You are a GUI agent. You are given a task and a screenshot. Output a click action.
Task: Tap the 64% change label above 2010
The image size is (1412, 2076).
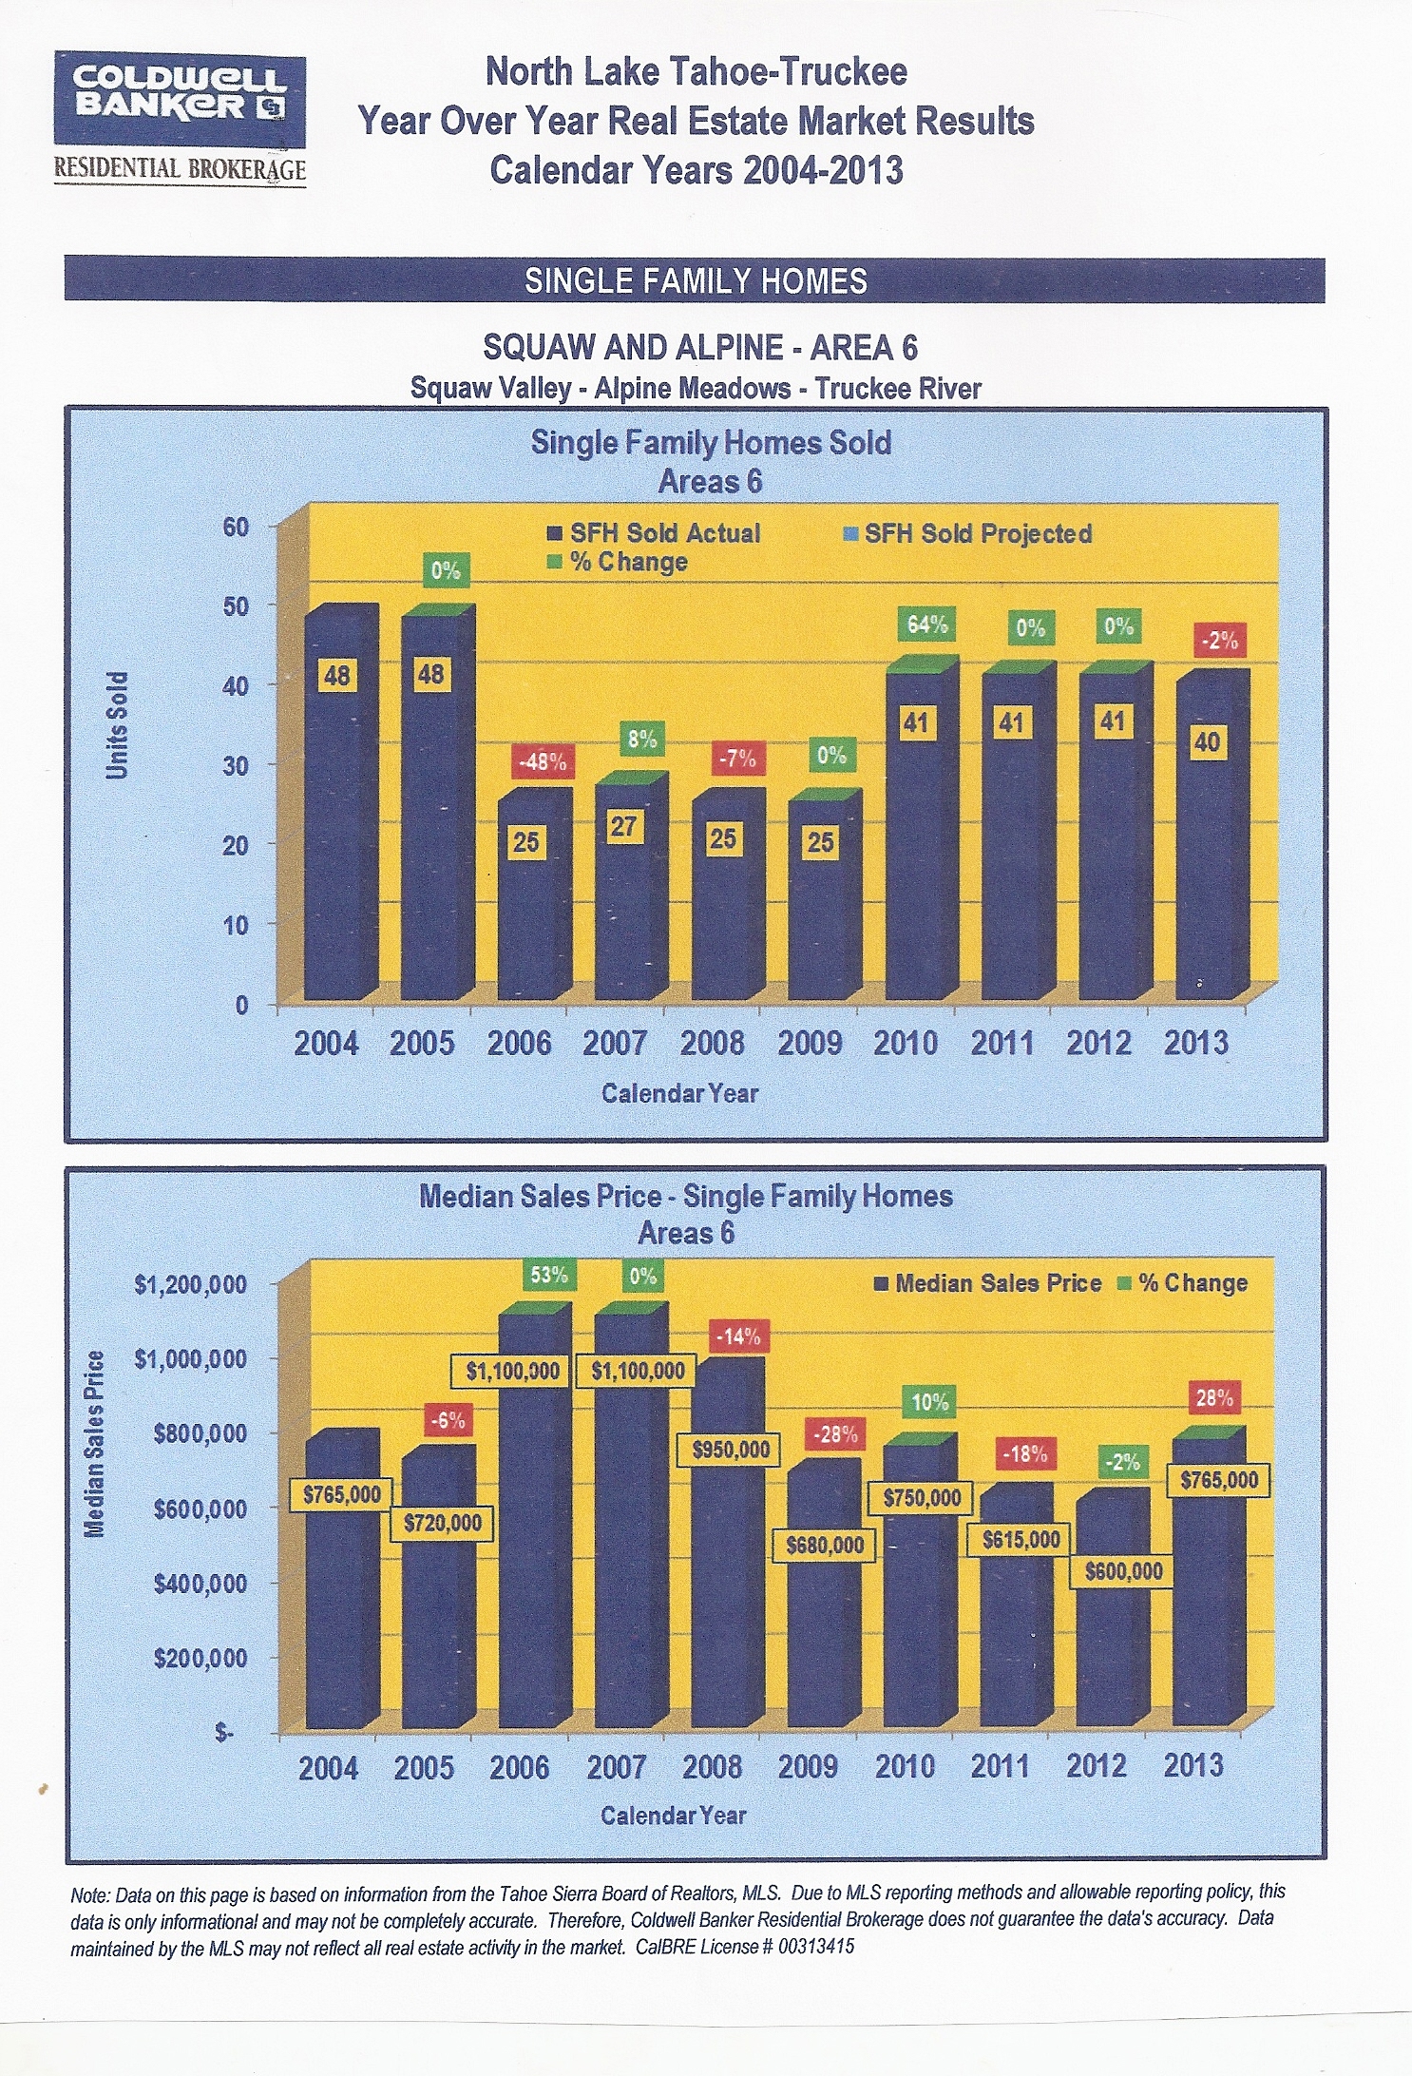click(926, 625)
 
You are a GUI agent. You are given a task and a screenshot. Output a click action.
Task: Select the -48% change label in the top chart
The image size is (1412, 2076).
click(542, 761)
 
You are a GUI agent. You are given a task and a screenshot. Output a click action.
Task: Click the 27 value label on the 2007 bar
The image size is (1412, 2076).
click(623, 826)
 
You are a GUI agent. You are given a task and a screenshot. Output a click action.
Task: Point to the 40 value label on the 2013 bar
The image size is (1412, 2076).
click(1207, 741)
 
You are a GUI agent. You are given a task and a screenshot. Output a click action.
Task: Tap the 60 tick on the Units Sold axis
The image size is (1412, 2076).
click(236, 527)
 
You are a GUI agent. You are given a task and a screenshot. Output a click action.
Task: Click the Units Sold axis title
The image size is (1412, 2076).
click(117, 725)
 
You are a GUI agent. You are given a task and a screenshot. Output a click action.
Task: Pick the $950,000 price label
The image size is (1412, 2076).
click(730, 1450)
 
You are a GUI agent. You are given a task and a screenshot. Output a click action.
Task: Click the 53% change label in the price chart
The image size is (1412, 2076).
click(549, 1275)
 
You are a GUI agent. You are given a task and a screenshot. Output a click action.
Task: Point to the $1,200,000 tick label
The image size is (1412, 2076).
click(191, 1284)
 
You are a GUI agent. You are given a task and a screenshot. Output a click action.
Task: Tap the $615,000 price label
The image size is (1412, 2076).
click(1021, 1539)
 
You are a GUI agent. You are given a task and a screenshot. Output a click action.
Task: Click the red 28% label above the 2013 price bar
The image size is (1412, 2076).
click(1214, 1398)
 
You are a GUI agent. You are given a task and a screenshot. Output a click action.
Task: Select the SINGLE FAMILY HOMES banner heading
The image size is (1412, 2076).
click(696, 280)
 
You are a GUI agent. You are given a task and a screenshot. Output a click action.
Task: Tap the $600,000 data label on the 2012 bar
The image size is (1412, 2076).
click(1123, 1570)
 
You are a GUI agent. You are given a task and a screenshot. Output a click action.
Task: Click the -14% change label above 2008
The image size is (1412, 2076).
click(738, 1336)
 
